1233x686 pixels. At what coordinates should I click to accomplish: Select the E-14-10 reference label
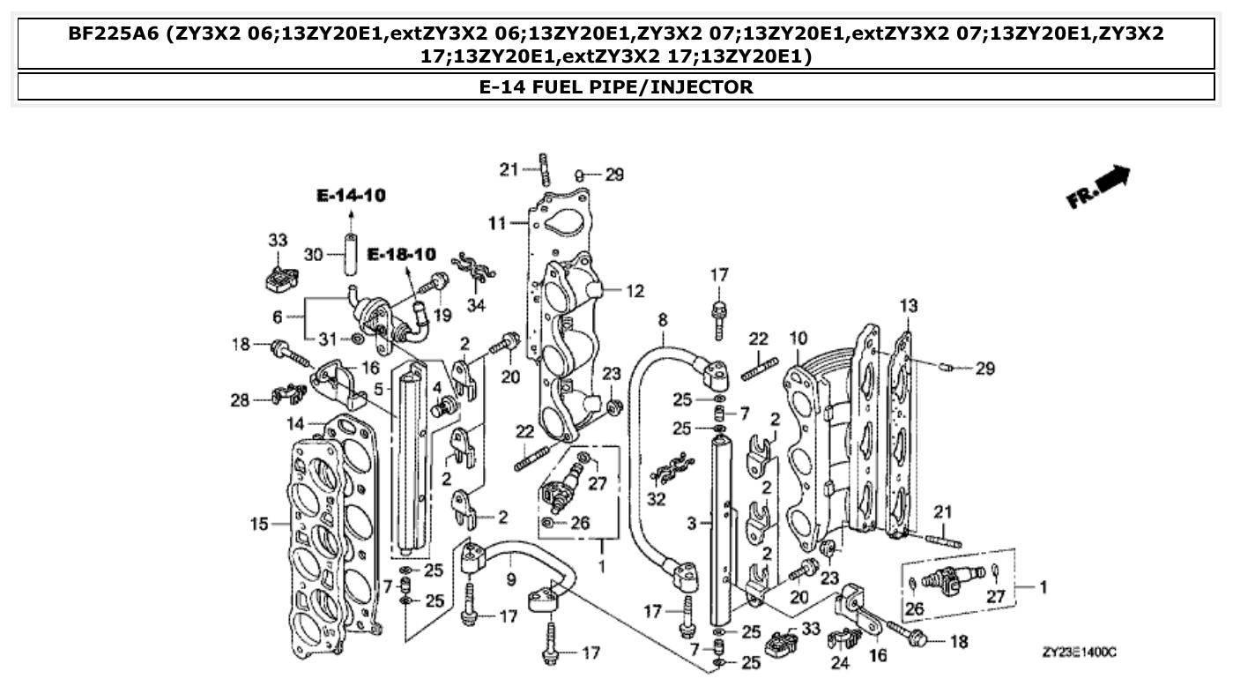tap(352, 196)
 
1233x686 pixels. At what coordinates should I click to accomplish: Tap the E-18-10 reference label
tap(401, 255)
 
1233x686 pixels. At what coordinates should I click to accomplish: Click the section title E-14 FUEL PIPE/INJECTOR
tap(616, 87)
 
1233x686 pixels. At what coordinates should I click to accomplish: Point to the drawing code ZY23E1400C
tap(1079, 652)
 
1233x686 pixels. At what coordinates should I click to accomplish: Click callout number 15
tap(258, 525)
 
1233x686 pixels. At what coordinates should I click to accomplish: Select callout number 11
tap(496, 224)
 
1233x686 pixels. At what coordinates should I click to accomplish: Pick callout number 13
tap(909, 306)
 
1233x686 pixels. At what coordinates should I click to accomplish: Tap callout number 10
tap(798, 338)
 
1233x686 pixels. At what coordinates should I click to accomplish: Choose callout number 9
tap(510, 580)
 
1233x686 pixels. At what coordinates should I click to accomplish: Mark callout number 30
tap(314, 255)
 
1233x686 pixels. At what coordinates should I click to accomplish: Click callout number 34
tap(476, 306)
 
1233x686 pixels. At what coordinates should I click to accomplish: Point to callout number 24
tap(840, 663)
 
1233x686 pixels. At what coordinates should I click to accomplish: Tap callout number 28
tap(240, 400)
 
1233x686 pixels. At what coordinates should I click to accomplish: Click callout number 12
tap(635, 291)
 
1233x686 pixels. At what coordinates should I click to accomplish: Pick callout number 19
tap(442, 314)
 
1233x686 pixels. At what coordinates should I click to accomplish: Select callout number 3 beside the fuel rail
tap(693, 523)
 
